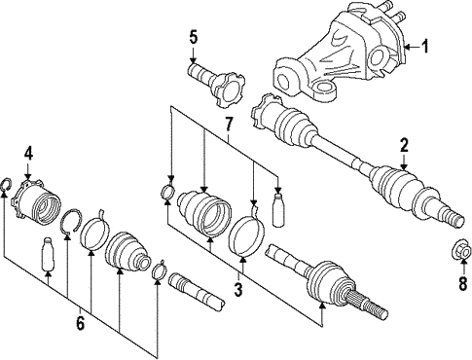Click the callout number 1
[424, 47]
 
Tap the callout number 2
[404, 145]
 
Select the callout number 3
[238, 289]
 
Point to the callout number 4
[28, 154]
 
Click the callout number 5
[193, 37]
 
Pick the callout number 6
[80, 323]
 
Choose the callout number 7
[229, 124]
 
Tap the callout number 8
[463, 283]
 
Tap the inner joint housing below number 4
[36, 202]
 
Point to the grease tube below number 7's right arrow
[279, 210]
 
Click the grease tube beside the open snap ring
[48, 254]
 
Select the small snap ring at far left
[7, 185]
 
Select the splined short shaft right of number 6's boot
[197, 289]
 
